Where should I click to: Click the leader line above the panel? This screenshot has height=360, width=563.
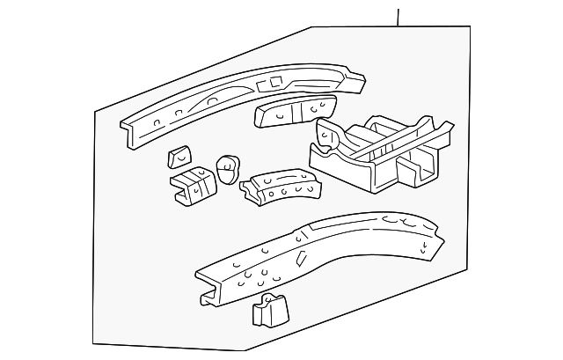[x=398, y=17]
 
